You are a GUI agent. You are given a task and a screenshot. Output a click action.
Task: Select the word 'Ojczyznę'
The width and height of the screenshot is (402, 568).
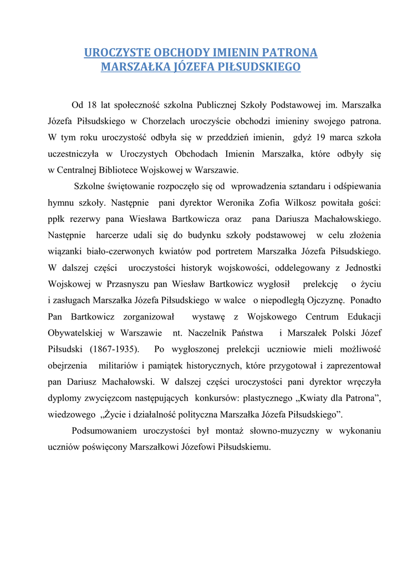pos(324,301)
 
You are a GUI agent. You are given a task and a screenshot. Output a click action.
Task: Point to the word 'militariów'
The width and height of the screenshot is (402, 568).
pos(120,366)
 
